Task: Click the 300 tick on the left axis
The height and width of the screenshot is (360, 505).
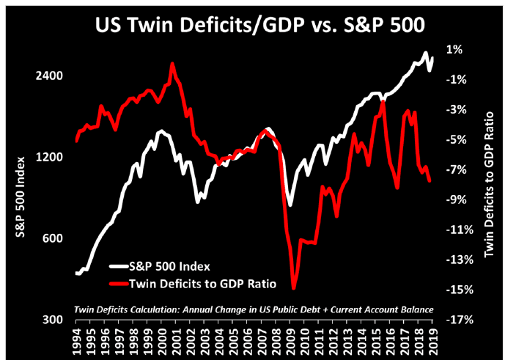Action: [52, 320]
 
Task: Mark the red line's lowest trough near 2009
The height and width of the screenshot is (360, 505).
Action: [293, 288]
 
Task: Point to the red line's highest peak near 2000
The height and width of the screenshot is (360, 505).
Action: [172, 64]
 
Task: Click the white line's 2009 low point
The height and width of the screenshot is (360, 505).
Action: [290, 205]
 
